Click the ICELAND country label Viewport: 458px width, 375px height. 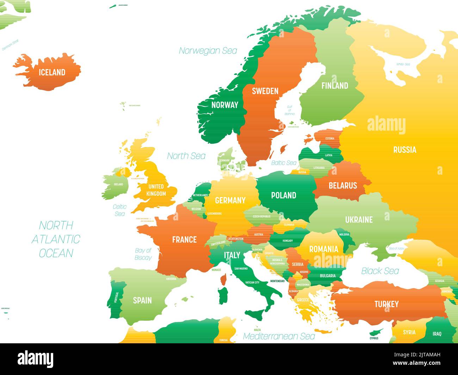pos(52,72)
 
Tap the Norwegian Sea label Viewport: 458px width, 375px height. pos(208,51)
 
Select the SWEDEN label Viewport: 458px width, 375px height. pos(265,91)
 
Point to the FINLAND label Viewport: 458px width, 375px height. pos(334,86)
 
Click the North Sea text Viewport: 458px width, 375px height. pos(186,156)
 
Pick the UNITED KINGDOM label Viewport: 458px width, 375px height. pos(156,190)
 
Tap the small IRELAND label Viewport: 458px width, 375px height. pos(118,184)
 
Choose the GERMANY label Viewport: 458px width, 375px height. pos(230,200)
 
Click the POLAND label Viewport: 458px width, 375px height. pos(283,195)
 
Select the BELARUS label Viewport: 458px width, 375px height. pos(342,185)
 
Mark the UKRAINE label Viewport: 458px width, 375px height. pos(359,220)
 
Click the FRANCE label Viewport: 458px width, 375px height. pos(184,240)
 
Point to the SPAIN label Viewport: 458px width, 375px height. pos(142,300)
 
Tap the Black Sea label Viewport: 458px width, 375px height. pos(380,271)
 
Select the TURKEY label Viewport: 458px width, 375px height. pos(386,304)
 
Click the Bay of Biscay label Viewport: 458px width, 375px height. pos(143,254)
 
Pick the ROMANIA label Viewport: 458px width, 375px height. pos(323,249)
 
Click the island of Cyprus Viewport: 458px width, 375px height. pos(376,332)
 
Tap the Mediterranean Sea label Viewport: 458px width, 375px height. pos(279,336)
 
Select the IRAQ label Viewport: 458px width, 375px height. pos(437,333)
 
